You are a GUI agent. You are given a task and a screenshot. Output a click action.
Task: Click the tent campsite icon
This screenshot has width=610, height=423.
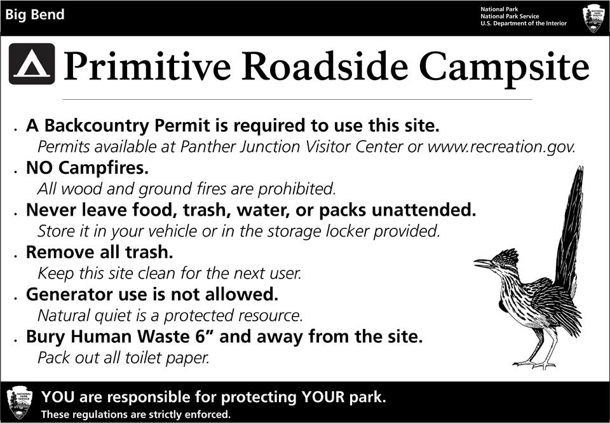pyautogui.click(x=32, y=64)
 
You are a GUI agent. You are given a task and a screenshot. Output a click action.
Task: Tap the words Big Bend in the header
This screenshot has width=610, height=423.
pyautogui.click(x=34, y=15)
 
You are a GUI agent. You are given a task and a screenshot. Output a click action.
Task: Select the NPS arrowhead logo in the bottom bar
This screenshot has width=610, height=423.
pyautogui.click(x=20, y=402)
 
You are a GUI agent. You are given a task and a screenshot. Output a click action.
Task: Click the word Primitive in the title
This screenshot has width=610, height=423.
pyautogui.click(x=147, y=66)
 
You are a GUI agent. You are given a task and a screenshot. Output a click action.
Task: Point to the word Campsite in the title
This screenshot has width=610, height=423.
pyautogui.click(x=505, y=69)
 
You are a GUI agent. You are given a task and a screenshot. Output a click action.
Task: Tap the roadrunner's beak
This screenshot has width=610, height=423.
pyautogui.click(x=484, y=263)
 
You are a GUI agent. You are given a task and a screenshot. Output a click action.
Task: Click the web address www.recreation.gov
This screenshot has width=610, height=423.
pyautogui.click(x=501, y=147)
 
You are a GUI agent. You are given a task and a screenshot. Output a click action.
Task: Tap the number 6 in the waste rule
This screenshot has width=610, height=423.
pyautogui.click(x=200, y=336)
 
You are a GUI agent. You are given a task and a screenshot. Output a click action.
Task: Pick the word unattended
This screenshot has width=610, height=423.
pyautogui.click(x=424, y=210)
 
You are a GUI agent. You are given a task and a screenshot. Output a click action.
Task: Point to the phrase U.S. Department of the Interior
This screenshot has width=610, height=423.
pyautogui.click(x=523, y=24)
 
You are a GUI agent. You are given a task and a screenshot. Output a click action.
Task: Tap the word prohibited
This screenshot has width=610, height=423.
pyautogui.click(x=297, y=189)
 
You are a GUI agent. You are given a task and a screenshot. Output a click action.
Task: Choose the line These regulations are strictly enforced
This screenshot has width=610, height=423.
pyautogui.click(x=136, y=414)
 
